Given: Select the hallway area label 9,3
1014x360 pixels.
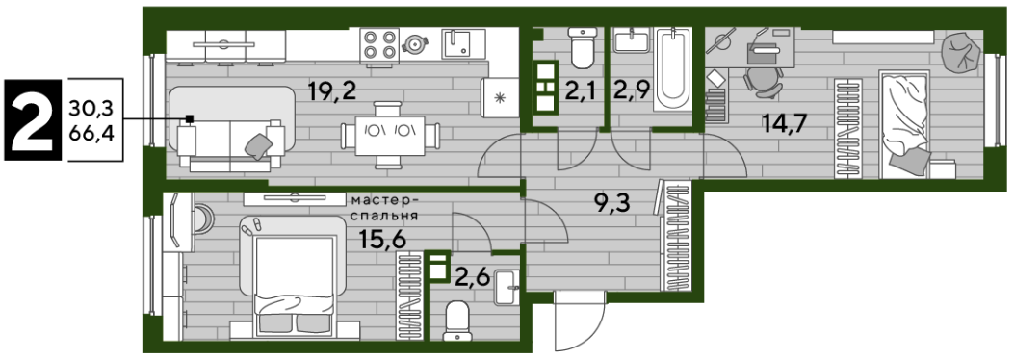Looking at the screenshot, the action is pyautogui.click(x=611, y=206).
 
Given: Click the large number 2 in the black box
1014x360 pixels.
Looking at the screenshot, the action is pyautogui.click(x=32, y=119).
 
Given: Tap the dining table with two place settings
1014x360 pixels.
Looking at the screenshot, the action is pyautogui.click(x=391, y=136).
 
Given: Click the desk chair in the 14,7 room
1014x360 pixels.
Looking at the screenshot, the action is pyautogui.click(x=762, y=83).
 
